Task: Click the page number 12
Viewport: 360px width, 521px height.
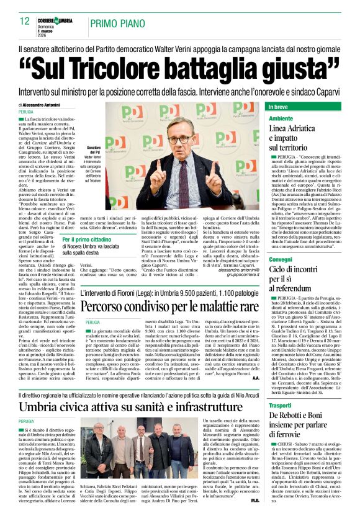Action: (24, 21)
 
